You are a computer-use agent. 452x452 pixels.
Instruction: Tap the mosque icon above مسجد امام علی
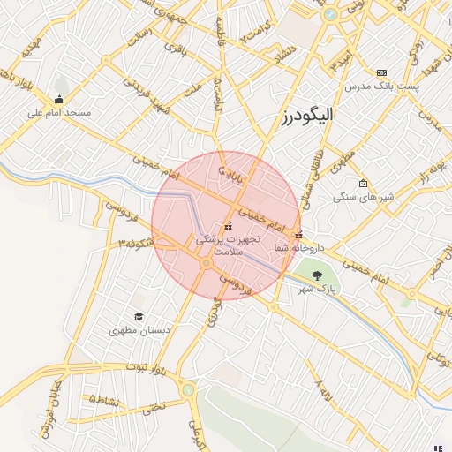pyautogui.click(x=59, y=99)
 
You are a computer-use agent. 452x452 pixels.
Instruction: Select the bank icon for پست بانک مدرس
pyautogui.click(x=381, y=72)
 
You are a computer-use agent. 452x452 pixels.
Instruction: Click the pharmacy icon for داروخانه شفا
pyautogui.click(x=299, y=235)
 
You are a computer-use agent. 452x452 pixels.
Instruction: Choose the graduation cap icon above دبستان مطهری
pyautogui.click(x=138, y=316)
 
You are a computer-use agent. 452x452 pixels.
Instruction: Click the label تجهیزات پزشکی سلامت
pyautogui.click(x=218, y=245)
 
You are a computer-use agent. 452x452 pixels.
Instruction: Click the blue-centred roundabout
pyautogui.click(x=329, y=15)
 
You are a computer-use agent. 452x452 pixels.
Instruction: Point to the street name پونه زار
pyautogui.click(x=421, y=173)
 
